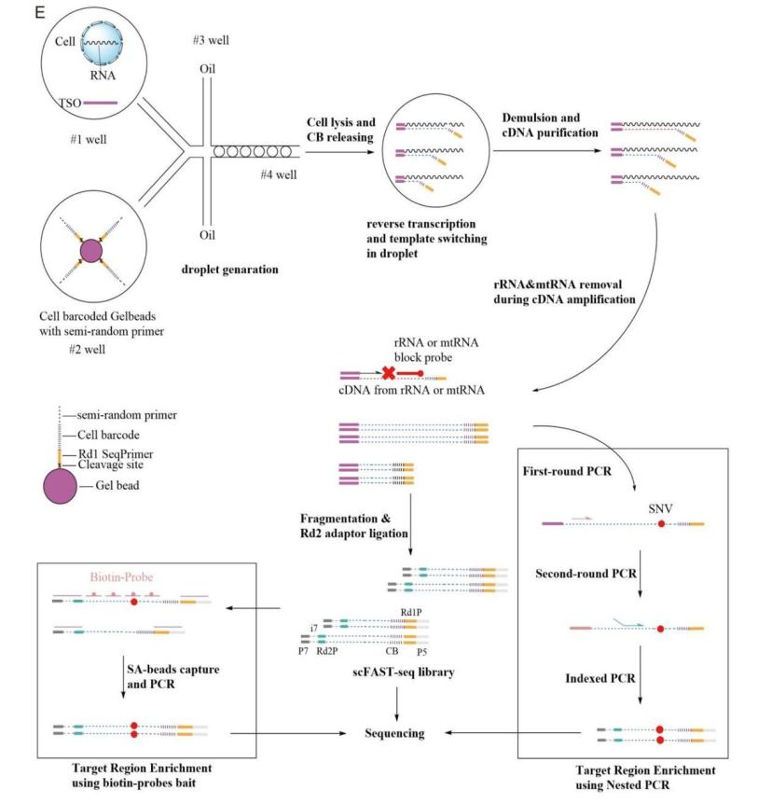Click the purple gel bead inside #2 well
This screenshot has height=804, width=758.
(90, 253)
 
